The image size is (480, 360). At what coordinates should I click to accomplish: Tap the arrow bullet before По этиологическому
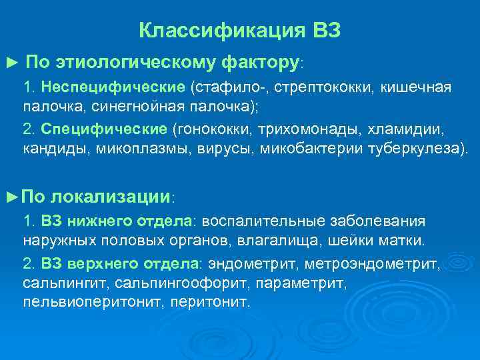[9, 63]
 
